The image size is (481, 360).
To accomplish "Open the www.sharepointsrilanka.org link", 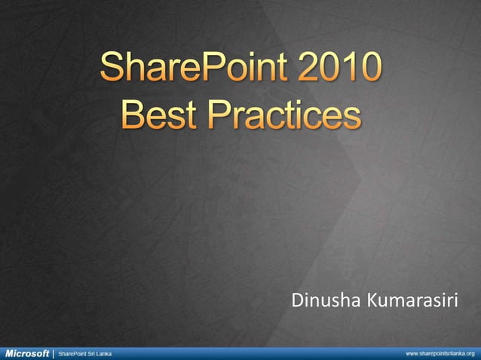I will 440,352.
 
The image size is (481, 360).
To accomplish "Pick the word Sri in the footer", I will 90,352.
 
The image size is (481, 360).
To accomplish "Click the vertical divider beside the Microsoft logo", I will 54,352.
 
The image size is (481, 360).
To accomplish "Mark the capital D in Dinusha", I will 296,302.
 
